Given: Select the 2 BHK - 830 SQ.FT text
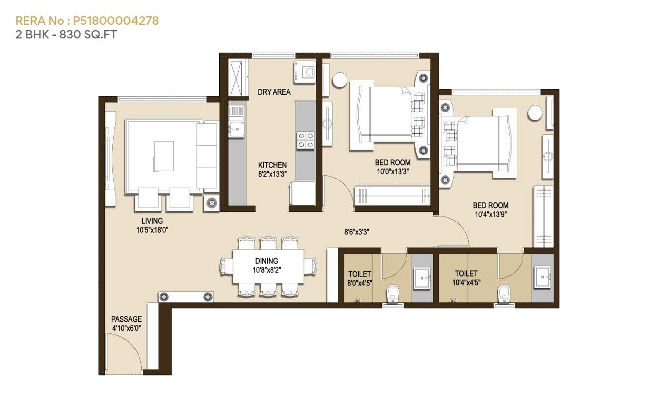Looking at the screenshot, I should (66, 35).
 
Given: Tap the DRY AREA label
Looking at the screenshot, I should (274, 92).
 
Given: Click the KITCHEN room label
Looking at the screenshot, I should (272, 165).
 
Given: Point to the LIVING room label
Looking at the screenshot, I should (152, 221).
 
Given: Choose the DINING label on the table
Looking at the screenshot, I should (267, 261).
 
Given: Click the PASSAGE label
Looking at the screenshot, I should (126, 319).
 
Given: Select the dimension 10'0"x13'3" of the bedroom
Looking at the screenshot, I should (392, 172).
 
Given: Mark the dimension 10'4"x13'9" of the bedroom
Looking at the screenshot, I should (490, 215).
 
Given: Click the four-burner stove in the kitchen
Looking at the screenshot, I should (306, 140).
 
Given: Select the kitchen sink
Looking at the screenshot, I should (237, 129).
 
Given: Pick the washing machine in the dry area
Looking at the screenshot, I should (305, 73).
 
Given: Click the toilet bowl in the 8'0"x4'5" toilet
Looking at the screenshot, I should (393, 292).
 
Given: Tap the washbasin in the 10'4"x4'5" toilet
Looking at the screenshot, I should (542, 275).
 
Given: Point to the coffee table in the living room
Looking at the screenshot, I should (163, 155).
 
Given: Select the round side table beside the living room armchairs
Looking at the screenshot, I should (212, 202).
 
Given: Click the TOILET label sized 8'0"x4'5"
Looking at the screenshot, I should (360, 274).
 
